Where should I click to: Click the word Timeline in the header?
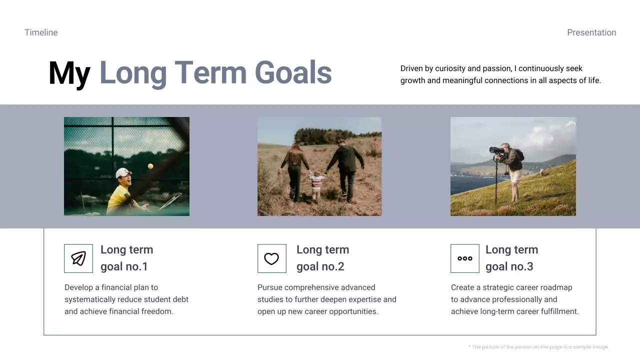tap(41, 32)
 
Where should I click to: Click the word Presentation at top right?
tap(591, 32)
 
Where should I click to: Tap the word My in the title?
tap(69, 73)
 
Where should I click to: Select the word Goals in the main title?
tap(293, 72)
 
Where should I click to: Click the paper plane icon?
tap(78, 258)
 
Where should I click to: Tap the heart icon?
tap(271, 259)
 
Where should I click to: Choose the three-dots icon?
tap(465, 258)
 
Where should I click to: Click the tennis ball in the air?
tap(150, 166)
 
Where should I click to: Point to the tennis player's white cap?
tap(123, 173)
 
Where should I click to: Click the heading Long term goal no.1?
tap(127, 258)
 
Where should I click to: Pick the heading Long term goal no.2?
tap(323, 258)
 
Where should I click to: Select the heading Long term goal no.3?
tap(511, 258)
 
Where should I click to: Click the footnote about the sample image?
tap(538, 347)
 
